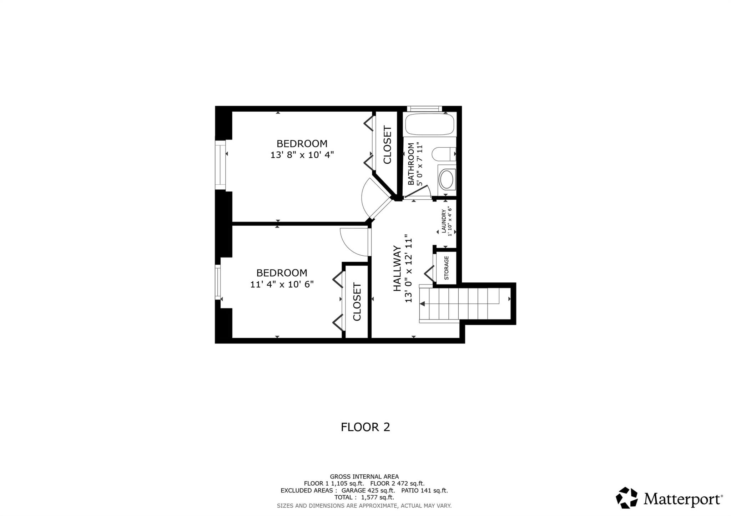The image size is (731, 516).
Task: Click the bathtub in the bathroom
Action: pos(429,123)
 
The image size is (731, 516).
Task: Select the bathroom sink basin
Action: pos(446,179)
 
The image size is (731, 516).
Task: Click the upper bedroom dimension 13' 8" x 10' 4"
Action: pos(302,155)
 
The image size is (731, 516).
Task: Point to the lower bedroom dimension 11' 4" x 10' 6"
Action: pos(282,285)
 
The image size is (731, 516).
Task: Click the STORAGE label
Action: pos(446,268)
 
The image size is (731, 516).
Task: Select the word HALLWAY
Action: pos(397,269)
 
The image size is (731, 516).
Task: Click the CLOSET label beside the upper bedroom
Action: pos(387,145)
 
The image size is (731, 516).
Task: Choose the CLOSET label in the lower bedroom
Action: pos(357,302)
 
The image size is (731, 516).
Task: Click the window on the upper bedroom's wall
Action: pos(220,165)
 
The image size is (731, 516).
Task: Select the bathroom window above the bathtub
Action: pos(424,109)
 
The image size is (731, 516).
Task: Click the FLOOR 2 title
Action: pos(365,427)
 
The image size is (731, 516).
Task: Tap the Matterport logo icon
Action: pos(626,497)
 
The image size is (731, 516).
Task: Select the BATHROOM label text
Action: pos(411,164)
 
